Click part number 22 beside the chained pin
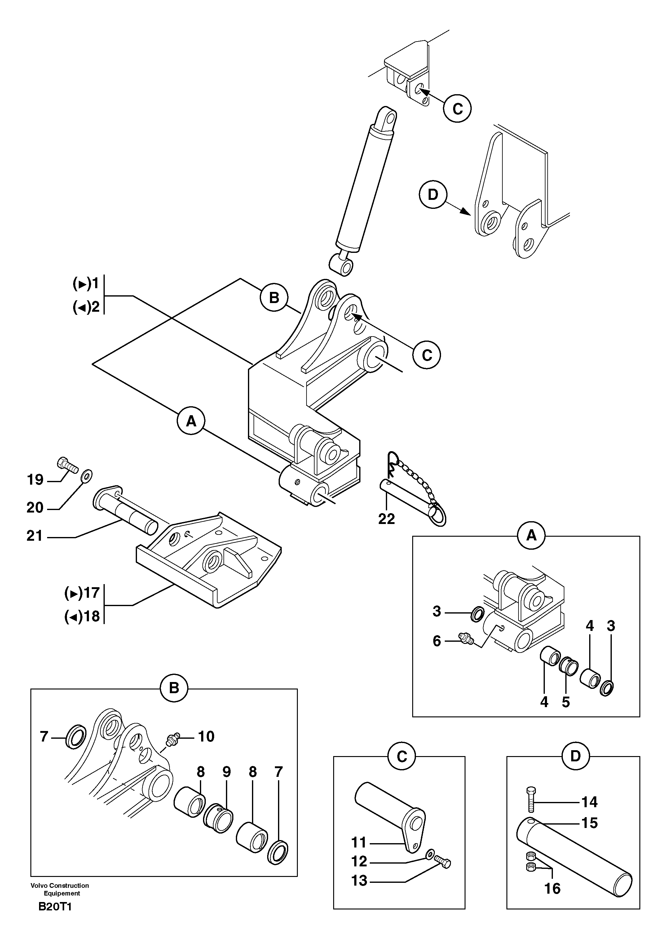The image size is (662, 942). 386,519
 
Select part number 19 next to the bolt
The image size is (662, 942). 35,479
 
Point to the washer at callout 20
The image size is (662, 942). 86,476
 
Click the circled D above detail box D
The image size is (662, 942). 576,755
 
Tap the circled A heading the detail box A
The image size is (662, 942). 531,535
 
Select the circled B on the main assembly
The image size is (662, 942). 274,297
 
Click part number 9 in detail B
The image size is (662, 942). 227,772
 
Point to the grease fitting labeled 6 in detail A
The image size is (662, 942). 465,638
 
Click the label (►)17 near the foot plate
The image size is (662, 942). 82,592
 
